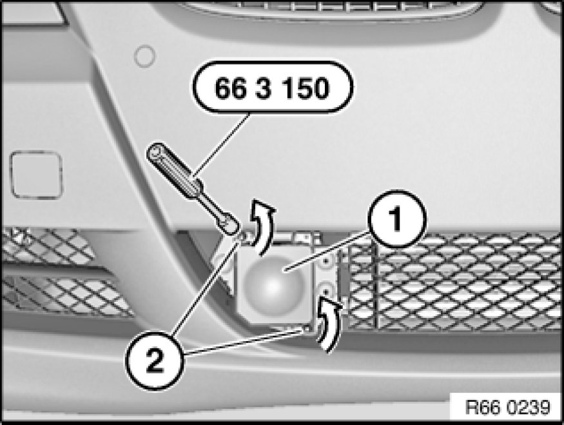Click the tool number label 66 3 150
click(x=273, y=88)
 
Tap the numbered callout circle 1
click(x=397, y=219)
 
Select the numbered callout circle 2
click(x=155, y=361)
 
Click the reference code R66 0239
click(x=507, y=408)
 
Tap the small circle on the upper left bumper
click(x=144, y=57)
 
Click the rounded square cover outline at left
click(x=37, y=175)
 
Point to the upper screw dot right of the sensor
click(x=326, y=261)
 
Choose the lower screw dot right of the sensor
click(x=326, y=290)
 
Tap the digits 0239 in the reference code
click(x=529, y=408)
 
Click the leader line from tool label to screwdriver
click(x=222, y=144)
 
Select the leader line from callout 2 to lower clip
click(x=245, y=341)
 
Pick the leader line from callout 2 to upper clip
click(x=206, y=287)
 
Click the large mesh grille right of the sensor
click(x=454, y=281)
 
